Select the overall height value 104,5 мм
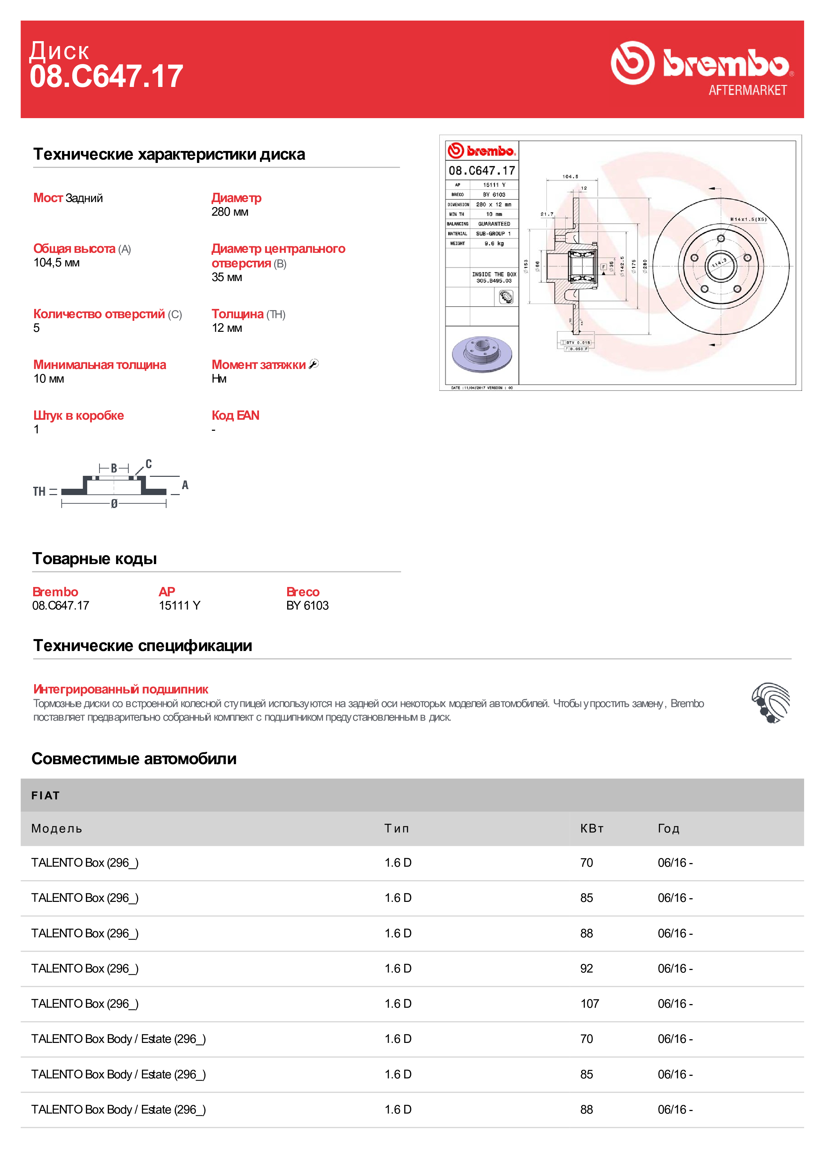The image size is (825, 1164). pyautogui.click(x=56, y=263)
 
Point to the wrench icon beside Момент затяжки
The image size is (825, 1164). pyautogui.click(x=314, y=364)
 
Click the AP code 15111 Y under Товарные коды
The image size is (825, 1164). pyautogui.click(x=179, y=605)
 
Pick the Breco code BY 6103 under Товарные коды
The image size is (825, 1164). pyautogui.click(x=307, y=605)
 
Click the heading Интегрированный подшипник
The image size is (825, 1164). pyautogui.click(x=120, y=689)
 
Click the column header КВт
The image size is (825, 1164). pyautogui.click(x=592, y=829)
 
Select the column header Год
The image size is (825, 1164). pyautogui.click(x=668, y=829)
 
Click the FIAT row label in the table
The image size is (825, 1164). pyautogui.click(x=45, y=795)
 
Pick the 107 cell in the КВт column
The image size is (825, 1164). pyautogui.click(x=590, y=1003)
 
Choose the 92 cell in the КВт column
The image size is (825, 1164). pyautogui.click(x=587, y=968)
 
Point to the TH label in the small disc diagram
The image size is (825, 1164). pyautogui.click(x=39, y=491)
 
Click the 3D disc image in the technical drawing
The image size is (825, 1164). pyautogui.click(x=481, y=354)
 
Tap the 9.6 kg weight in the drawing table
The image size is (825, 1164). pyautogui.click(x=494, y=244)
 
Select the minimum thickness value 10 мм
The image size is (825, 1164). pyautogui.click(x=49, y=379)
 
